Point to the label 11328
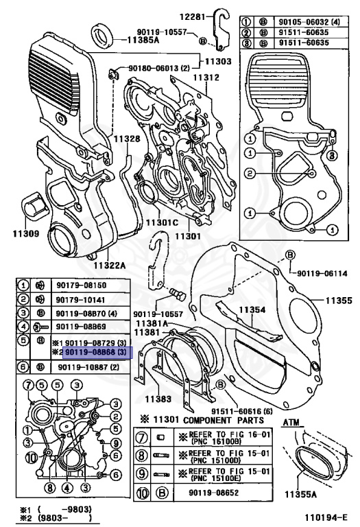127,139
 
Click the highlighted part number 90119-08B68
95,353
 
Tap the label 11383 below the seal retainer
159,398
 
